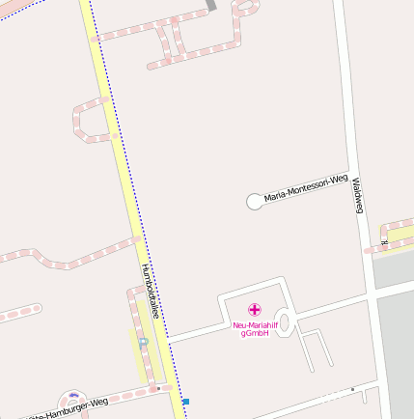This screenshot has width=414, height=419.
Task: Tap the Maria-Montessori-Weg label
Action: click(x=305, y=187)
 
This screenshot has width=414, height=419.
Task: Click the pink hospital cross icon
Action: click(x=254, y=309)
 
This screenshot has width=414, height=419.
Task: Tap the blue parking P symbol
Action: click(x=143, y=343)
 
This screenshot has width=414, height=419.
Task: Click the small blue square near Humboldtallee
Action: click(x=185, y=402)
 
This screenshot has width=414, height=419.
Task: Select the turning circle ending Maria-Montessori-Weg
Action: click(x=255, y=201)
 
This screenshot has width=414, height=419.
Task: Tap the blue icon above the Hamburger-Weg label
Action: click(x=71, y=395)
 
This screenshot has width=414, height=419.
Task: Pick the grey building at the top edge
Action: click(x=211, y=5)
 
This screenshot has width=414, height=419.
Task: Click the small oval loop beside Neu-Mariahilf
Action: click(x=286, y=321)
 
